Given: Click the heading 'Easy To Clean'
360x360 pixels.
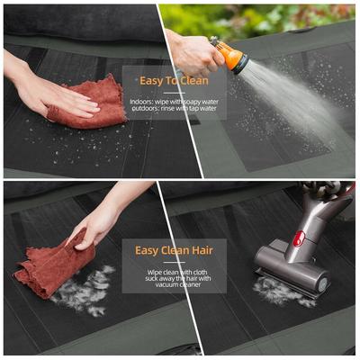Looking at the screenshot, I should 174,80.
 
